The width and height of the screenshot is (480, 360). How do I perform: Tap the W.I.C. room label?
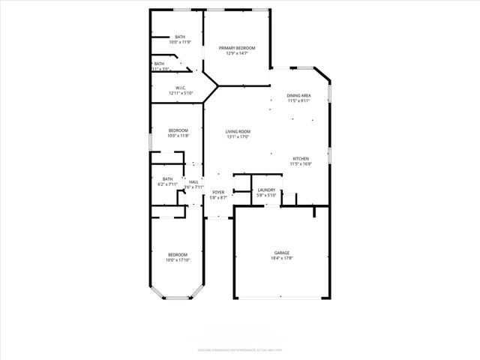[181, 88]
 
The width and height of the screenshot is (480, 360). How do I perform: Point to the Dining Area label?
[299, 96]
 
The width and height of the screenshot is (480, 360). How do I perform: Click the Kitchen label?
[301, 159]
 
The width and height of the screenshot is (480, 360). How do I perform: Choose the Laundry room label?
[266, 190]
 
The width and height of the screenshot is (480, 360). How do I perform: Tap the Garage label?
[281, 253]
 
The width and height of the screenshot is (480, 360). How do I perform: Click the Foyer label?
[218, 193]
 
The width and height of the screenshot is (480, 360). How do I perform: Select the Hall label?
[193, 182]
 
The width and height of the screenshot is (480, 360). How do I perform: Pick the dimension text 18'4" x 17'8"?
[281, 259]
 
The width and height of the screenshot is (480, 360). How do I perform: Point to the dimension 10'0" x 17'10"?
[178, 260]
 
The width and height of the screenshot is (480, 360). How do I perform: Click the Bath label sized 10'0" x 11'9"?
[180, 37]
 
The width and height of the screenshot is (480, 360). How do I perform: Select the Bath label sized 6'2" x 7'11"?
[168, 178]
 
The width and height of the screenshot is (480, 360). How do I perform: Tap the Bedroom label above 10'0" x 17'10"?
[178, 255]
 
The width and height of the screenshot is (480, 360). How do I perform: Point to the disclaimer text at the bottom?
[240, 349]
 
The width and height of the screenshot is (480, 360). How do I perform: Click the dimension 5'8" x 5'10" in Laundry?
[266, 196]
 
